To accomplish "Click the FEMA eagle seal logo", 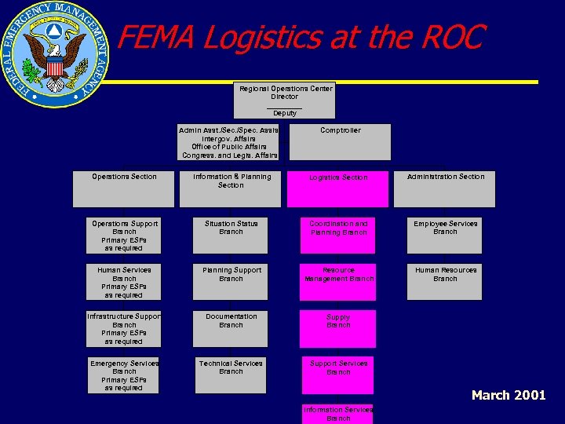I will tap(54, 54).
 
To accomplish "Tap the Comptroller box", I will tap(340, 141).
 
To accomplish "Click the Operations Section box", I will tap(124, 188).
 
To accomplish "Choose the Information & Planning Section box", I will tap(231, 188).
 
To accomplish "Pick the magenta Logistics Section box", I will tap(337, 188).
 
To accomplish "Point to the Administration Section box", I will tap(445, 188).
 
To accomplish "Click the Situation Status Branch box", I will tap(231, 236).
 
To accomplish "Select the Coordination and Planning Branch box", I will tap(337, 236).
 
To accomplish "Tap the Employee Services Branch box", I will tap(445, 236).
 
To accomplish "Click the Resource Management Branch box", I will tap(337, 282).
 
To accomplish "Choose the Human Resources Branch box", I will tap(445, 282).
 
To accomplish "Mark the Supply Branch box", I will tap(337, 328).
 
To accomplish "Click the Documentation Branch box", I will tap(231, 328).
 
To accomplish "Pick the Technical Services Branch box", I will tap(231, 375).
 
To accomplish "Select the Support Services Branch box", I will tap(337, 375).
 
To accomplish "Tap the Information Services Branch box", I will tap(337, 414).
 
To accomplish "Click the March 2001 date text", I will tap(508, 395).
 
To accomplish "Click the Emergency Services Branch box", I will tap(124, 375).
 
